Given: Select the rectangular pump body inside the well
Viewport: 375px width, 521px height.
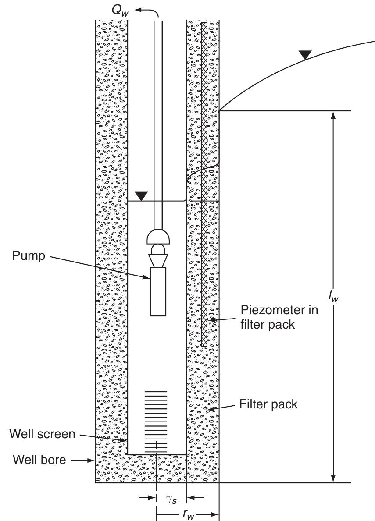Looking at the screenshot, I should [x=158, y=291].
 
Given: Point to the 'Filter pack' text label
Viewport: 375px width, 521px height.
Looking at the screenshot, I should [x=268, y=404].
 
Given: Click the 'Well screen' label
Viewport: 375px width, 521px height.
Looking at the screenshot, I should [x=42, y=434].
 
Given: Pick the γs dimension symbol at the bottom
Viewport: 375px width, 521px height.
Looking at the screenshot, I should [x=171, y=498].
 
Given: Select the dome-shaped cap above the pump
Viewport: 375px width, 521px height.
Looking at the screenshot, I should [x=158, y=237].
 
